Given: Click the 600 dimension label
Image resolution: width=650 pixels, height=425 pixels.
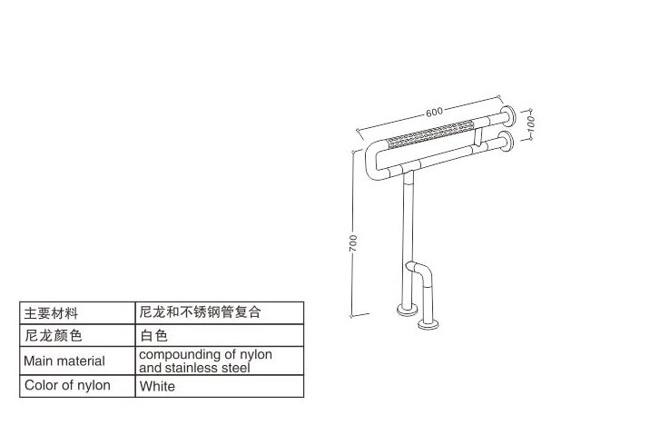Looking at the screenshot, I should pos(434,112).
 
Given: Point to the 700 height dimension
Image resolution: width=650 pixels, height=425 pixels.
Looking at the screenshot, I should pos(353,242).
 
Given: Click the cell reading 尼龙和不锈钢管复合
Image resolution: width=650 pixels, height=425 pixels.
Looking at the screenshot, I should pos(201,313).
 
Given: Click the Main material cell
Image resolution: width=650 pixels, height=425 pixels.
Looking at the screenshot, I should pos(64,361).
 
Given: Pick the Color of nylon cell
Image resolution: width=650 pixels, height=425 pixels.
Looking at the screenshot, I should pos(67,385).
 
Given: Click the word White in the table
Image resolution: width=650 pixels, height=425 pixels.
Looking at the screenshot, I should pos(158,386).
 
